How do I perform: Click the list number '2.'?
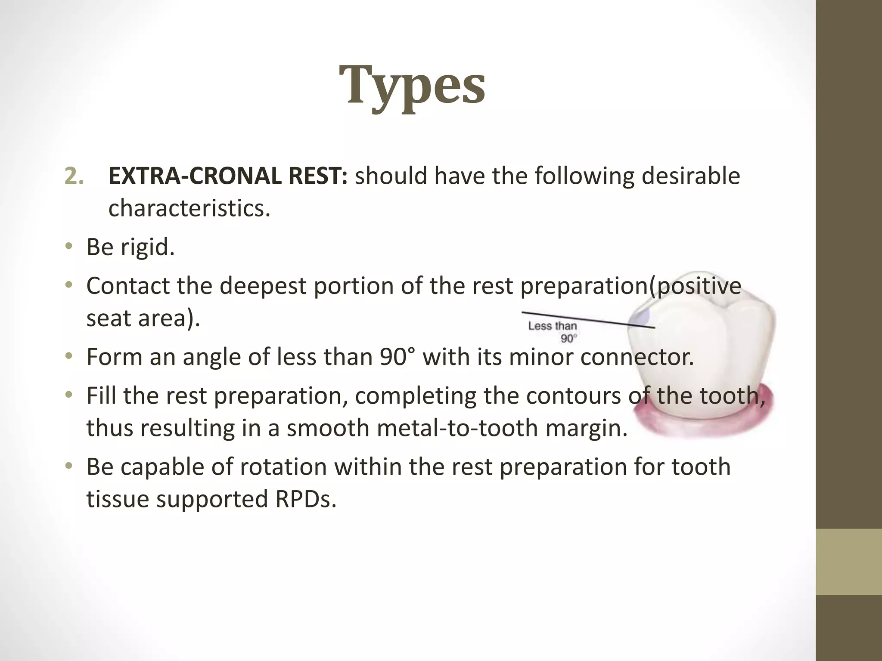[x=74, y=176]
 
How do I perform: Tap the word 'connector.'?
[x=637, y=357]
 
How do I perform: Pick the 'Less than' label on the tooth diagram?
[x=552, y=326]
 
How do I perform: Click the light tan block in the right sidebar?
[x=848, y=561]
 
